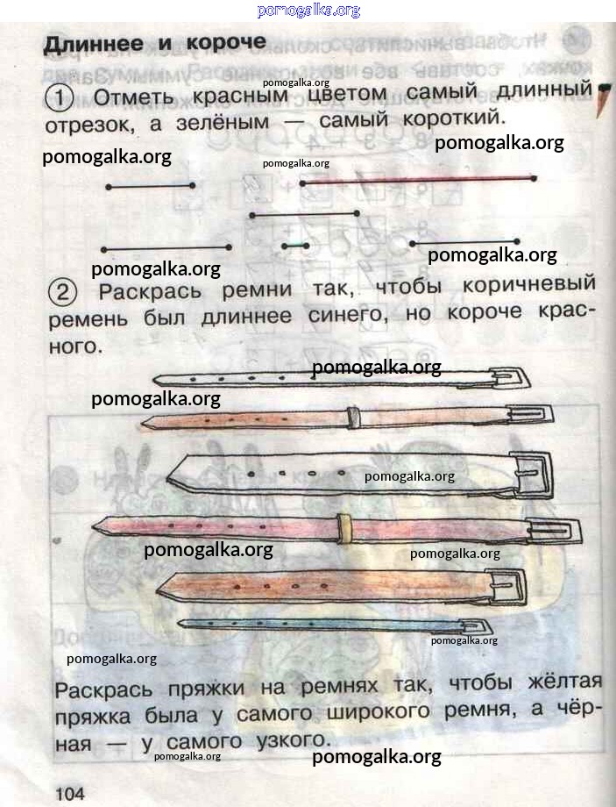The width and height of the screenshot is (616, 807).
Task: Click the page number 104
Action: [x=70, y=793]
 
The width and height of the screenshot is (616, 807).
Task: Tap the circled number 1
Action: [x=60, y=97]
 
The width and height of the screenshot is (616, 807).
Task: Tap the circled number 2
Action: [x=63, y=292]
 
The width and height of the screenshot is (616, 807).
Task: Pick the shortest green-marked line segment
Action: [x=295, y=246]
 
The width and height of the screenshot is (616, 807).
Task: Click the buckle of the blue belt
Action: [x=476, y=625]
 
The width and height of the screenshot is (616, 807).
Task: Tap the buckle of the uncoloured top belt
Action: [x=510, y=378]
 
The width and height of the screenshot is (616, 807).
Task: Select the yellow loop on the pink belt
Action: [x=344, y=528]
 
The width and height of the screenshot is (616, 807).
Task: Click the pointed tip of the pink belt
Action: [x=94, y=527]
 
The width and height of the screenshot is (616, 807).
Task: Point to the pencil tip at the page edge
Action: [x=603, y=100]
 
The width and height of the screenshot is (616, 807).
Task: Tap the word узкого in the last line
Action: [x=293, y=741]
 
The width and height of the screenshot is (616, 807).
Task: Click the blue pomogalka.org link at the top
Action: [x=308, y=11]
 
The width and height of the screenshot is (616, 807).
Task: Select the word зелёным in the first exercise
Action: [x=223, y=121]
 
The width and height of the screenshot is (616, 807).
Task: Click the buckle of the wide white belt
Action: [x=533, y=475]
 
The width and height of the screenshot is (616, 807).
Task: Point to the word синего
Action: [x=348, y=314]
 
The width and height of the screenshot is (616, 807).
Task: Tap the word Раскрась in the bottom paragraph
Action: [x=103, y=690]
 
